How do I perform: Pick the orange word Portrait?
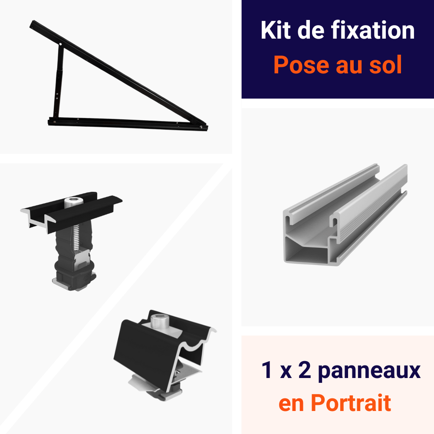point(351,403)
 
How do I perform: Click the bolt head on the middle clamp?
point(74,202)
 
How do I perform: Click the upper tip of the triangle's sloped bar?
point(32,23)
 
